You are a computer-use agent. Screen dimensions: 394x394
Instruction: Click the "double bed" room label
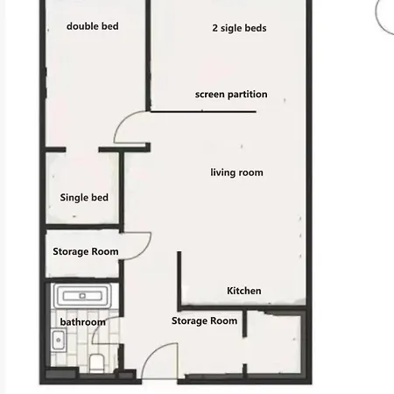pyautogui.click(x=93, y=26)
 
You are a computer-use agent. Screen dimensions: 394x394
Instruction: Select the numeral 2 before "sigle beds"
pyautogui.click(x=215, y=28)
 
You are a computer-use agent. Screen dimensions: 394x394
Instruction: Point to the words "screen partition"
pyautogui.click(x=231, y=95)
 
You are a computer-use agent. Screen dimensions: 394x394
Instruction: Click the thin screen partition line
pyautogui.click(x=203, y=111)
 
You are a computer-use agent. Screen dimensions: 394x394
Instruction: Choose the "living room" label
pyautogui.click(x=236, y=172)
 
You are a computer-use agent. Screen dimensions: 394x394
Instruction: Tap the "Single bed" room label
pyautogui.click(x=84, y=198)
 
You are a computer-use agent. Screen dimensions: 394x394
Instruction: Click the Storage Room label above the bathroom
pyautogui.click(x=86, y=251)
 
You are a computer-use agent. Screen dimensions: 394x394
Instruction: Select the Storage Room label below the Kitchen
pyautogui.click(x=204, y=320)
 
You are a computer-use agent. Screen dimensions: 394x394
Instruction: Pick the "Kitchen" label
pyautogui.click(x=244, y=291)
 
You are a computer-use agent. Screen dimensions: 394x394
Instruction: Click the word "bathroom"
pyautogui.click(x=83, y=322)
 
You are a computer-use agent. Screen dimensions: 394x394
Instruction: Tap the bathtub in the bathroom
pyautogui.click(x=82, y=296)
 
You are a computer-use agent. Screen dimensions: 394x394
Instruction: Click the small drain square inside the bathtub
pyautogui.click(x=82, y=296)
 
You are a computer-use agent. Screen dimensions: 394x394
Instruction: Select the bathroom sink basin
pyautogui.click(x=59, y=340)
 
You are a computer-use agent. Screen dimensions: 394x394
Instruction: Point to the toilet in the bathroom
pyautogui.click(x=96, y=362)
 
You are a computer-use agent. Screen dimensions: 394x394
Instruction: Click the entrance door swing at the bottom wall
pyautogui.click(x=159, y=361)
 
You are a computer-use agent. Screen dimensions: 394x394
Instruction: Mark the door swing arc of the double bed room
pyautogui.click(x=123, y=121)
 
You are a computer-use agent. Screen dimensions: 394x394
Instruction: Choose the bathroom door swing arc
pyautogui.click(x=99, y=326)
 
